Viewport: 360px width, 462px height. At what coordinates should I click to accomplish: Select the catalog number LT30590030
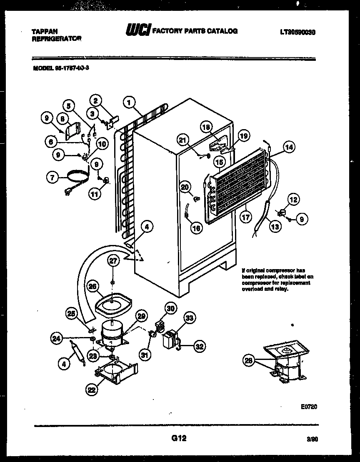[x=297, y=32]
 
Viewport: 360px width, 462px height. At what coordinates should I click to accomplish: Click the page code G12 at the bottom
[x=178, y=438]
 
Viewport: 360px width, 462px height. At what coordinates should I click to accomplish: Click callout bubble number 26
[x=93, y=286]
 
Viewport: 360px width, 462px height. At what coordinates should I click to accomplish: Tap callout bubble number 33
[x=190, y=319]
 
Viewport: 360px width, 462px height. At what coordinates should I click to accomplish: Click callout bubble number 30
[x=170, y=309]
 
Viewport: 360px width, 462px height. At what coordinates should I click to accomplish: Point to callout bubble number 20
[x=185, y=187]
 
